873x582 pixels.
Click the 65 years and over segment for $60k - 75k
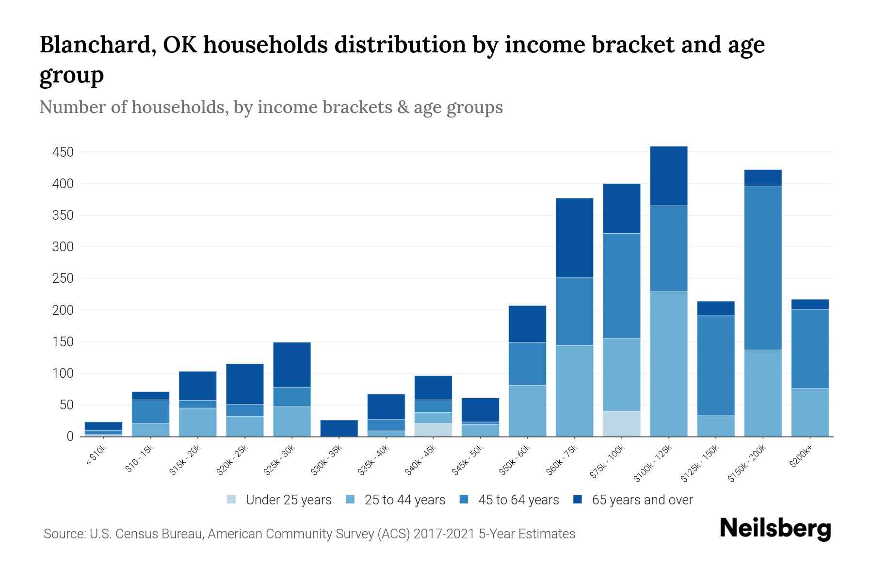pos(574,238)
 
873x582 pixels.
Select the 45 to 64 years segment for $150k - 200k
pos(762,268)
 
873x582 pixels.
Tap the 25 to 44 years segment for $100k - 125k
pos(668,364)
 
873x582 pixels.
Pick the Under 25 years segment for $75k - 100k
pos(621,424)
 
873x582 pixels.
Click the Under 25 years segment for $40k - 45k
pos(433,430)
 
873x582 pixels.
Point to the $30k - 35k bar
pos(339,428)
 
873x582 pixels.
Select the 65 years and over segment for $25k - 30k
pos(292,365)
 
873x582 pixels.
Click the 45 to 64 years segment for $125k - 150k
pos(715,366)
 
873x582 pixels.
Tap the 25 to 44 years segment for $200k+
pos(809,412)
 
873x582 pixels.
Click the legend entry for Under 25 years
pos(289,500)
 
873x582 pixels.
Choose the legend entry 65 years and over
pos(642,500)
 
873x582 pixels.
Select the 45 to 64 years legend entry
pos(518,500)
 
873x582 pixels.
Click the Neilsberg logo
pos(775,529)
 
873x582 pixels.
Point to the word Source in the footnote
pos(64,534)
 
